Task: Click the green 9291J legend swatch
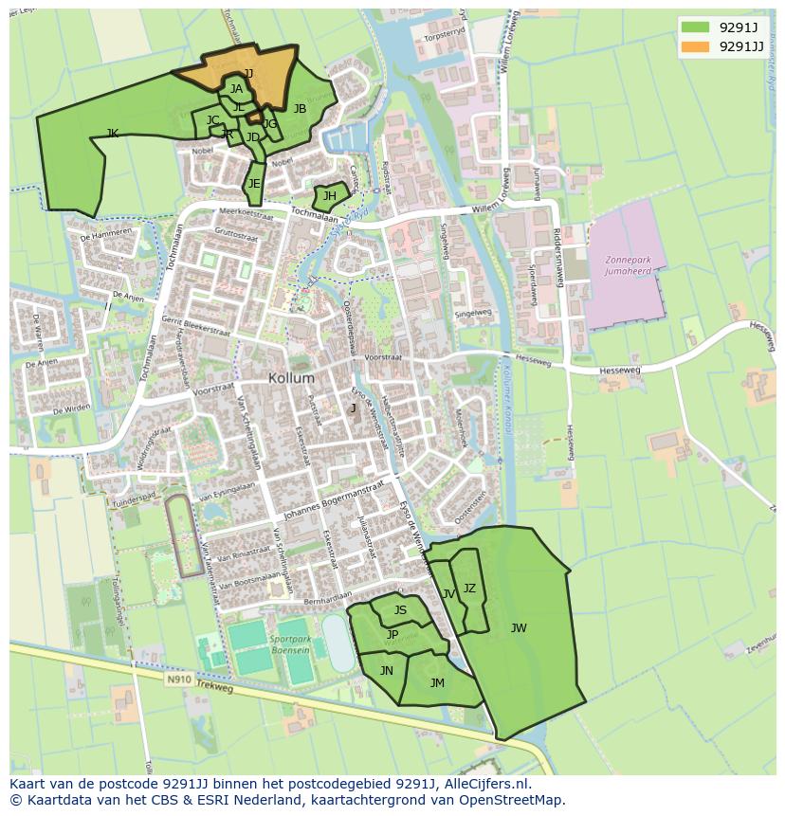tap(695, 27)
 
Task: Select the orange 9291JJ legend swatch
tap(695, 46)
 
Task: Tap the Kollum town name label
tap(291, 377)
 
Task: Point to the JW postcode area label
tap(519, 627)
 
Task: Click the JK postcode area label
tap(113, 134)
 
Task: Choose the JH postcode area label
tap(330, 197)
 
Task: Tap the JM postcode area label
tap(437, 682)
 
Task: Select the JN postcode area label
tap(386, 670)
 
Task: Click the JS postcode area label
tap(400, 610)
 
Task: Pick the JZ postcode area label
tap(469, 589)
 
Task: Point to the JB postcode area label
tap(300, 109)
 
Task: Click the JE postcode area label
tap(254, 184)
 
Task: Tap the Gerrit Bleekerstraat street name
tap(197, 327)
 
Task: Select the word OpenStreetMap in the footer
tap(516, 800)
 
